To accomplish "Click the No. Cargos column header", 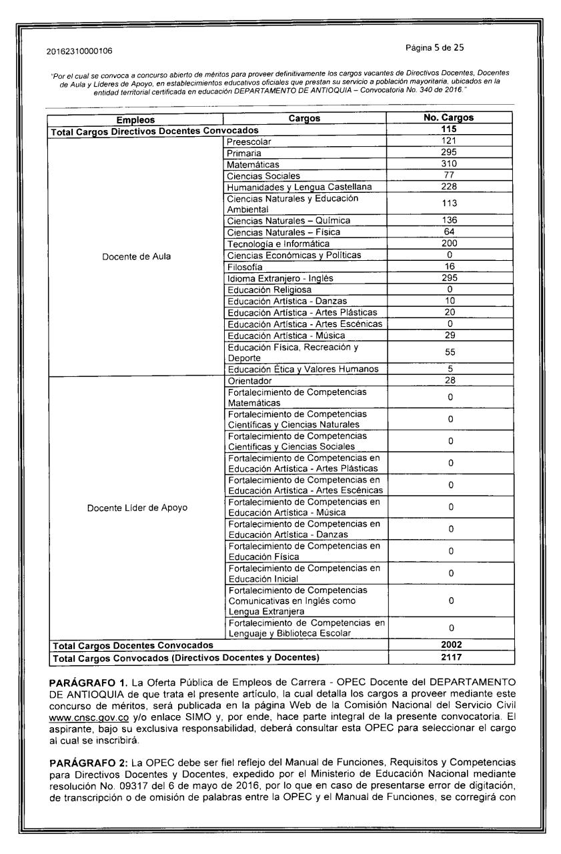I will pos(448,119).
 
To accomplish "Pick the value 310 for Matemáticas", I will pos(448,164).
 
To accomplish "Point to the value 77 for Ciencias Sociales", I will pos(448,175).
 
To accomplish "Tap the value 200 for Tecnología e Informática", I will pos(448,244).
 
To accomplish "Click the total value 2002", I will pos(448,646).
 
